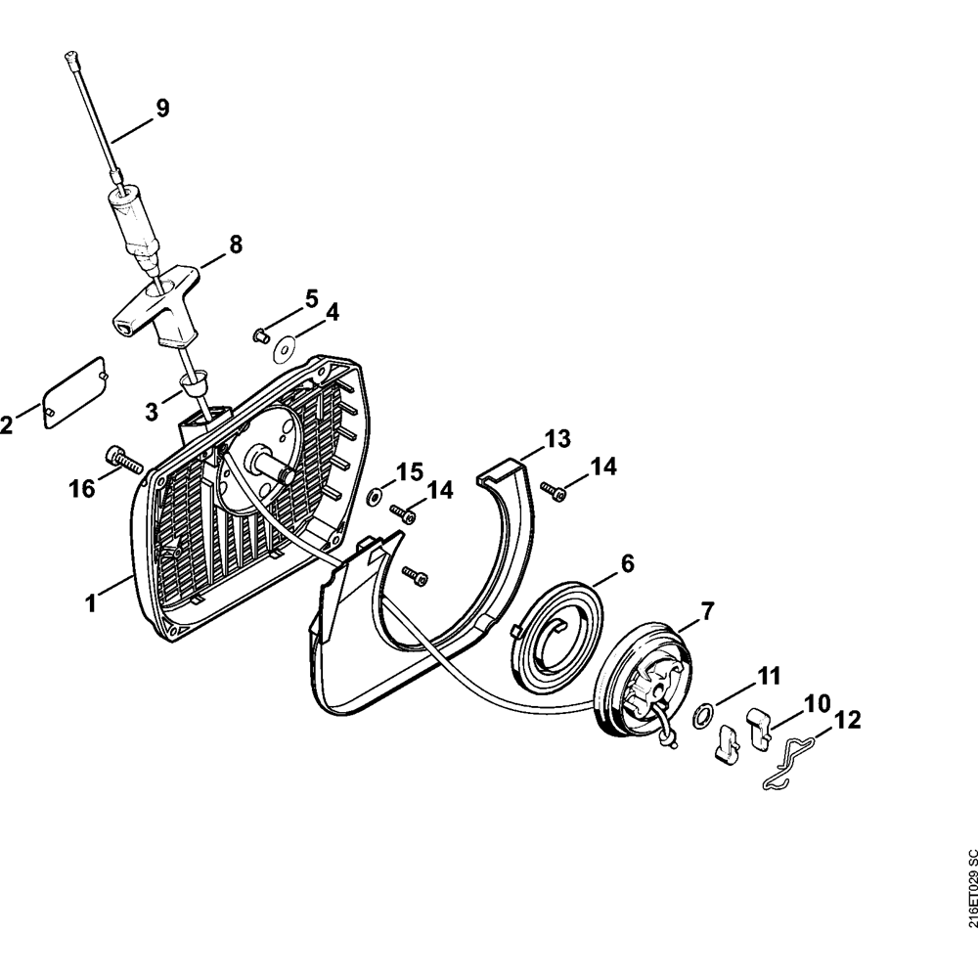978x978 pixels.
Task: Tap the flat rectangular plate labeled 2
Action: click(x=73, y=390)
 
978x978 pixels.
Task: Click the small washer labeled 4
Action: click(x=288, y=345)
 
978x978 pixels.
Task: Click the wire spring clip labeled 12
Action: click(x=788, y=764)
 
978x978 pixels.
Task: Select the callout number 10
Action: click(x=818, y=703)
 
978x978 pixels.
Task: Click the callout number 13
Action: click(x=557, y=439)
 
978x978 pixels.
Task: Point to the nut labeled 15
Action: click(x=374, y=496)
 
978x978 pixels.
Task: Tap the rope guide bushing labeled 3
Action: click(x=194, y=382)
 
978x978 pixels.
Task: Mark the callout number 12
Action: click(x=847, y=722)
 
